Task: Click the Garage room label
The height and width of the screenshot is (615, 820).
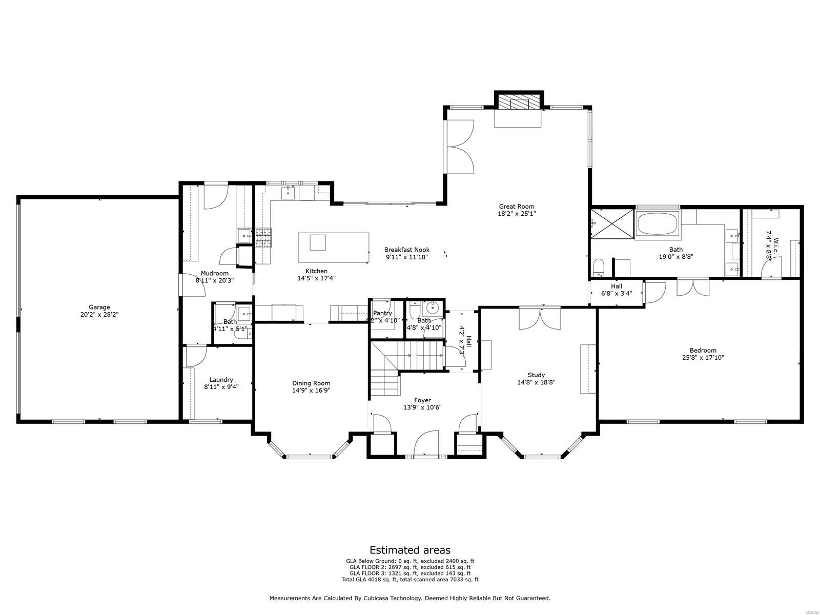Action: (98, 307)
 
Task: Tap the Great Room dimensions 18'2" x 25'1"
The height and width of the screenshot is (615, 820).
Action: (517, 214)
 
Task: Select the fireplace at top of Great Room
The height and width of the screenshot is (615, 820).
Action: (518, 102)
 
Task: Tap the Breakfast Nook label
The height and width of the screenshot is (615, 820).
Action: (407, 250)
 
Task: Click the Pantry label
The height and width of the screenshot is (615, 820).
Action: (382, 313)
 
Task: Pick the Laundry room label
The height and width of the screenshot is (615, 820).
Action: (221, 380)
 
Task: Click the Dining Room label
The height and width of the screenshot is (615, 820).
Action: (311, 383)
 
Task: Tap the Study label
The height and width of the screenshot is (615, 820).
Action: (536, 375)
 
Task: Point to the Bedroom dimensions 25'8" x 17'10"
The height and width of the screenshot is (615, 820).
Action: (703, 358)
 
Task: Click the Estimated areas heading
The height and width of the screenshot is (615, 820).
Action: (410, 550)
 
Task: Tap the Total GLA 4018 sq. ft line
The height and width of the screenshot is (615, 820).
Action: (410, 580)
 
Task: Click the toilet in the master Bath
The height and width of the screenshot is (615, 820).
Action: (598, 268)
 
